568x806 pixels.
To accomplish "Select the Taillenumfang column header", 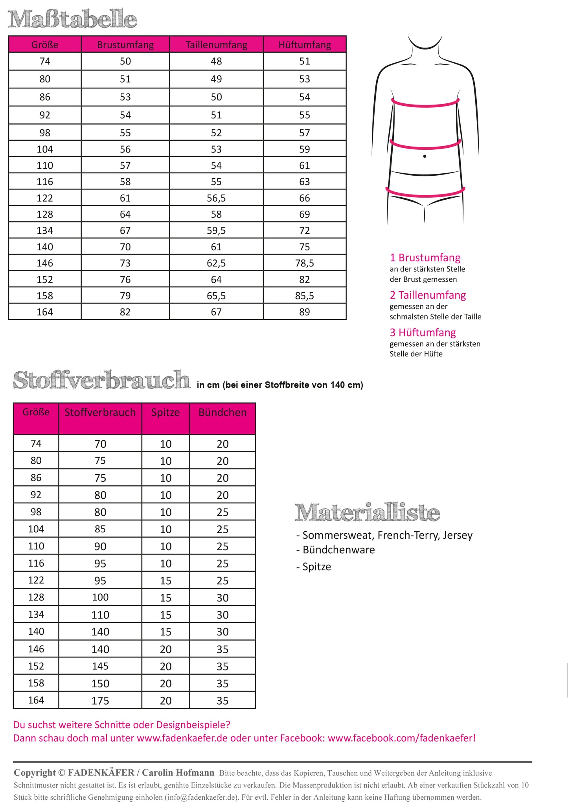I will click(216, 45).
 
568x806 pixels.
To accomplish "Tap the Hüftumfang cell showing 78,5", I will click(305, 263).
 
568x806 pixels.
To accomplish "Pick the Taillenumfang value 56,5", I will click(216, 198).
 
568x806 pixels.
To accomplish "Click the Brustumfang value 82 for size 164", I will click(125, 312).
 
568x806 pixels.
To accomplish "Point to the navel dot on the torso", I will click(425, 156).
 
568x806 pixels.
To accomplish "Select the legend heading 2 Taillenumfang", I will click(428, 295).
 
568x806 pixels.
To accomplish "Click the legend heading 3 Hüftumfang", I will click(423, 332).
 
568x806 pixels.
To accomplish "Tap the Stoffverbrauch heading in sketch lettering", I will click(102, 380).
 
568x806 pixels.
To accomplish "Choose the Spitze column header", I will click(165, 413).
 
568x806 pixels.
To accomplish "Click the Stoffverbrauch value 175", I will click(100, 701).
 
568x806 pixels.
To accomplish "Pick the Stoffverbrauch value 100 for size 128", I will click(100, 597).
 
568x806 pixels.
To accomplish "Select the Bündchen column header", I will click(222, 413).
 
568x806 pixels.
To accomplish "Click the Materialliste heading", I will click(367, 512).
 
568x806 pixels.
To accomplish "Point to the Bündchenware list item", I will click(338, 550).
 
